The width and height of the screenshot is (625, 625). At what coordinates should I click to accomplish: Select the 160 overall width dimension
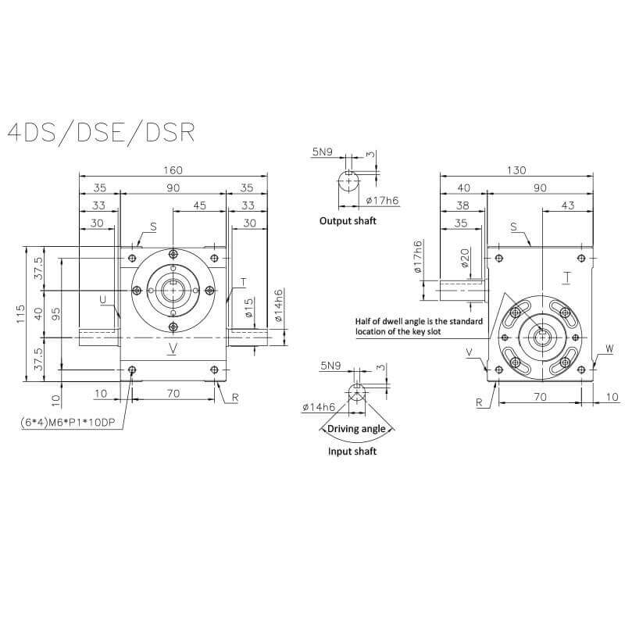coord(173,170)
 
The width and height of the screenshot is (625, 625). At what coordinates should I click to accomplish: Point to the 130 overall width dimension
coord(516,170)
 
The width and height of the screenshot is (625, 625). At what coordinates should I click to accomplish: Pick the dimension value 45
coord(199,205)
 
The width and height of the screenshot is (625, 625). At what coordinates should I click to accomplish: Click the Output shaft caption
coord(348,221)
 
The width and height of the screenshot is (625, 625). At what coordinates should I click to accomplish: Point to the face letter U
coord(104,298)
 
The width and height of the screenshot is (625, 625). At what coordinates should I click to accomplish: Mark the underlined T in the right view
coord(566,276)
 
